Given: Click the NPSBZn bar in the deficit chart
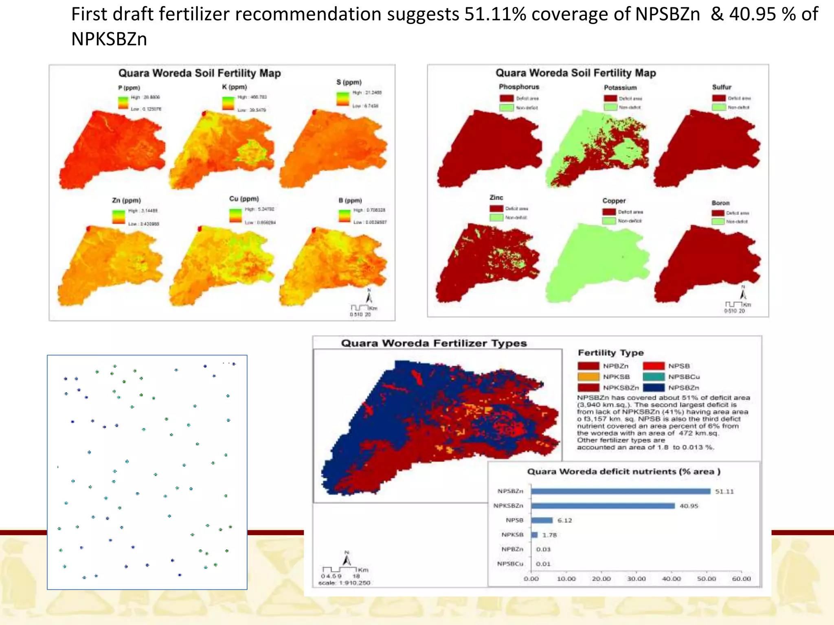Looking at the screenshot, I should coord(621,492).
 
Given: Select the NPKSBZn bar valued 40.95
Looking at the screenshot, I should coord(603,506).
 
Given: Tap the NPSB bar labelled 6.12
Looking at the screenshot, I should coord(542,520).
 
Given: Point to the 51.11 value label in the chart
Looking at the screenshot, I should coord(724,492).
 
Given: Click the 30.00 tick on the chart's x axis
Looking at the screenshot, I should coord(636,579).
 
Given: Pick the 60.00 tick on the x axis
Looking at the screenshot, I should coord(741,579).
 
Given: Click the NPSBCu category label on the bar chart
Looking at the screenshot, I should coord(510,564).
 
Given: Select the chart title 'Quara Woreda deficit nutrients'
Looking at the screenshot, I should coord(623,472).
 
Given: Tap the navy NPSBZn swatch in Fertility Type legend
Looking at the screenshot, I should coord(654,388).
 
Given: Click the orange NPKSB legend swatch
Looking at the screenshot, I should coord(588,377).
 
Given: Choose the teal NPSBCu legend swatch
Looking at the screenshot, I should coord(654,377).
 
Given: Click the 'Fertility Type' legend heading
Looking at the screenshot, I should coord(611,353).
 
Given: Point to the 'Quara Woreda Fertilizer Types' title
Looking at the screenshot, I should coord(434,343).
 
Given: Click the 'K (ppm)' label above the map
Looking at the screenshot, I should coord(235,87).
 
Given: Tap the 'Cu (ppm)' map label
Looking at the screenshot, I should coord(244,199).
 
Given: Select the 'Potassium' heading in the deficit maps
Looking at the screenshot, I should coord(620,87).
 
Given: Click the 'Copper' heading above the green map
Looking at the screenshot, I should coord(614,201).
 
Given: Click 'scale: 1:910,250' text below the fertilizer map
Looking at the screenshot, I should coord(344,583).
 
